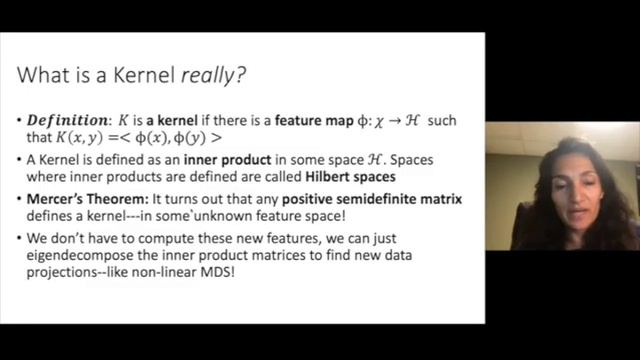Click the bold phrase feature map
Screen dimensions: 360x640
pyautogui.click(x=290, y=121)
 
